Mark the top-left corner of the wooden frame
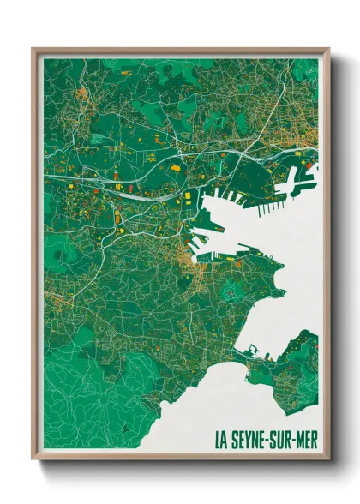pos(33,50)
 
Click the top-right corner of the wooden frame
pos(327,50)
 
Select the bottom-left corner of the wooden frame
pos(33,458)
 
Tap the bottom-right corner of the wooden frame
pos(327,458)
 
